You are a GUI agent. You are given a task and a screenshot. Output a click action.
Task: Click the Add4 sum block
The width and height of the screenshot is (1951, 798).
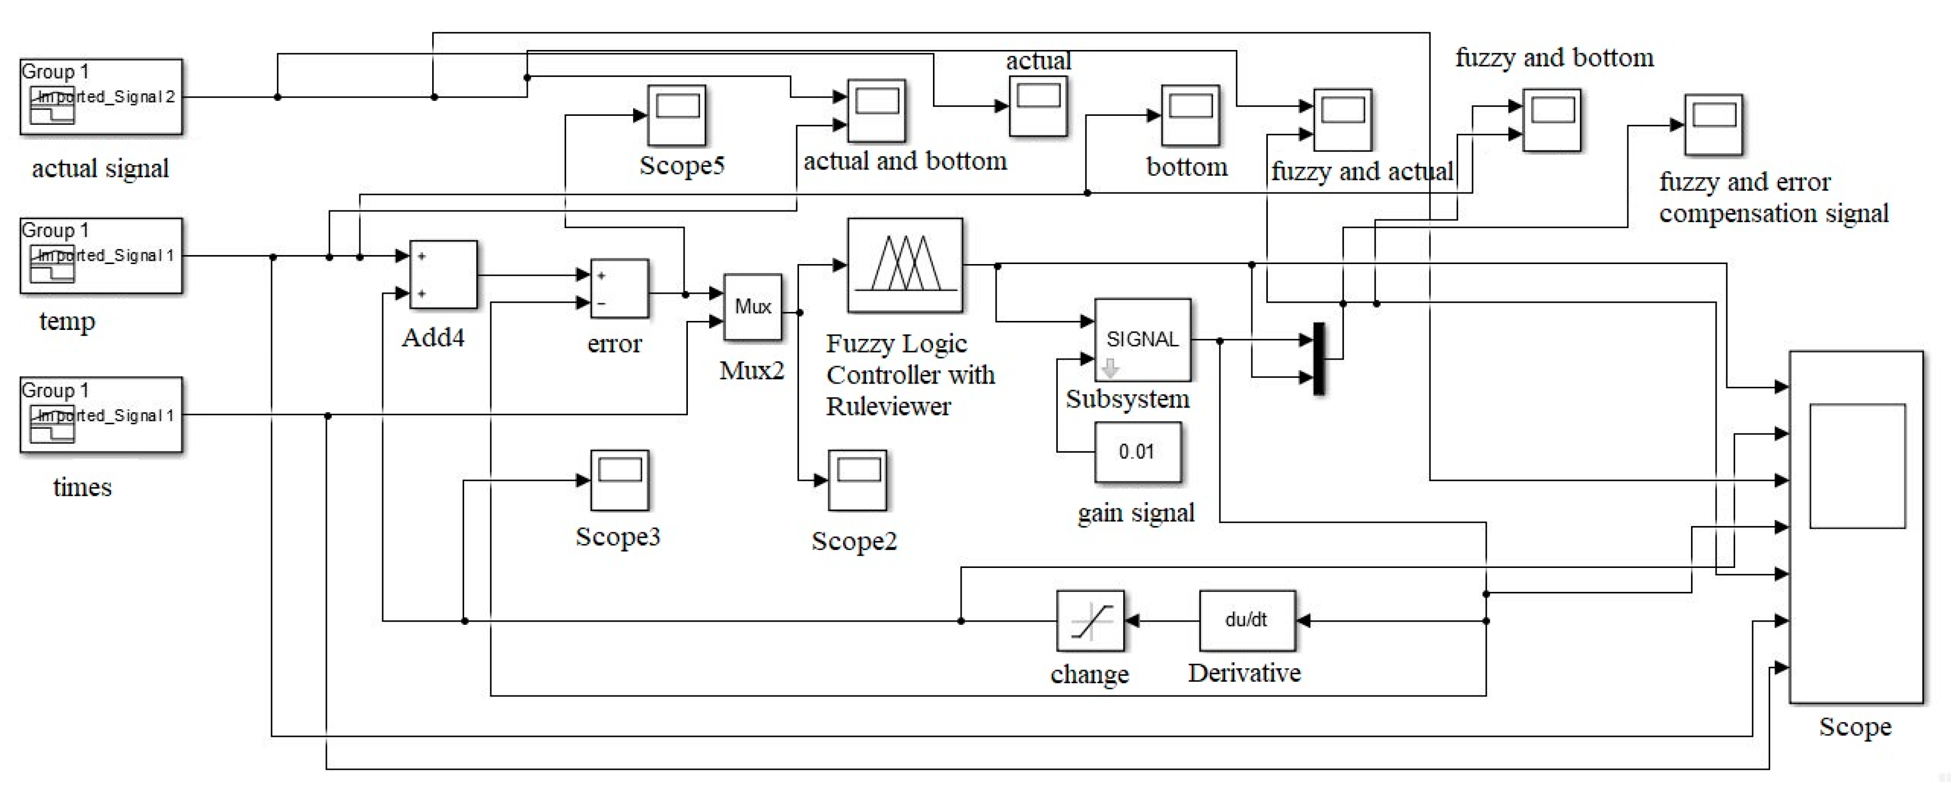443,275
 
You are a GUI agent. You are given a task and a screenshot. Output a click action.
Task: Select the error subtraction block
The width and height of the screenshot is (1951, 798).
619,288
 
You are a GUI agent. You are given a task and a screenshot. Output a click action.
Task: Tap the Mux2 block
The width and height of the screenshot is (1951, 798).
752,307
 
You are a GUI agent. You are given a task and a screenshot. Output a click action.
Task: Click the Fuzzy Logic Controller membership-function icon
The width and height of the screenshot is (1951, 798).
905,265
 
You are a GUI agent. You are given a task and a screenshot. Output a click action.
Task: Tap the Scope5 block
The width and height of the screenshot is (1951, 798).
676,115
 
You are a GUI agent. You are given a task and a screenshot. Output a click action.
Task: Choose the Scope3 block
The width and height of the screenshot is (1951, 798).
619,480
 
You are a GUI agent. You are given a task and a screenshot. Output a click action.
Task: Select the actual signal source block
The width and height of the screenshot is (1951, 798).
100,97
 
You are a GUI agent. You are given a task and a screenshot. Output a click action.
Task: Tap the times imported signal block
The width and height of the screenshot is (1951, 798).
100,415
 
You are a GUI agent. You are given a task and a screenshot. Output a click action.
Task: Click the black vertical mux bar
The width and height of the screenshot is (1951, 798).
1318,358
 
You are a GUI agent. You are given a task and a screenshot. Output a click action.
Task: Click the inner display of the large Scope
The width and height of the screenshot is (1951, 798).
1857,465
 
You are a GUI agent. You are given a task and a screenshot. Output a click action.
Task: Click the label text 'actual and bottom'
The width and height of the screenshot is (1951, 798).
905,162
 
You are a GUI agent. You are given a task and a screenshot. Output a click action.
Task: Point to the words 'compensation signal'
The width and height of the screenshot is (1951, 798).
1774,214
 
